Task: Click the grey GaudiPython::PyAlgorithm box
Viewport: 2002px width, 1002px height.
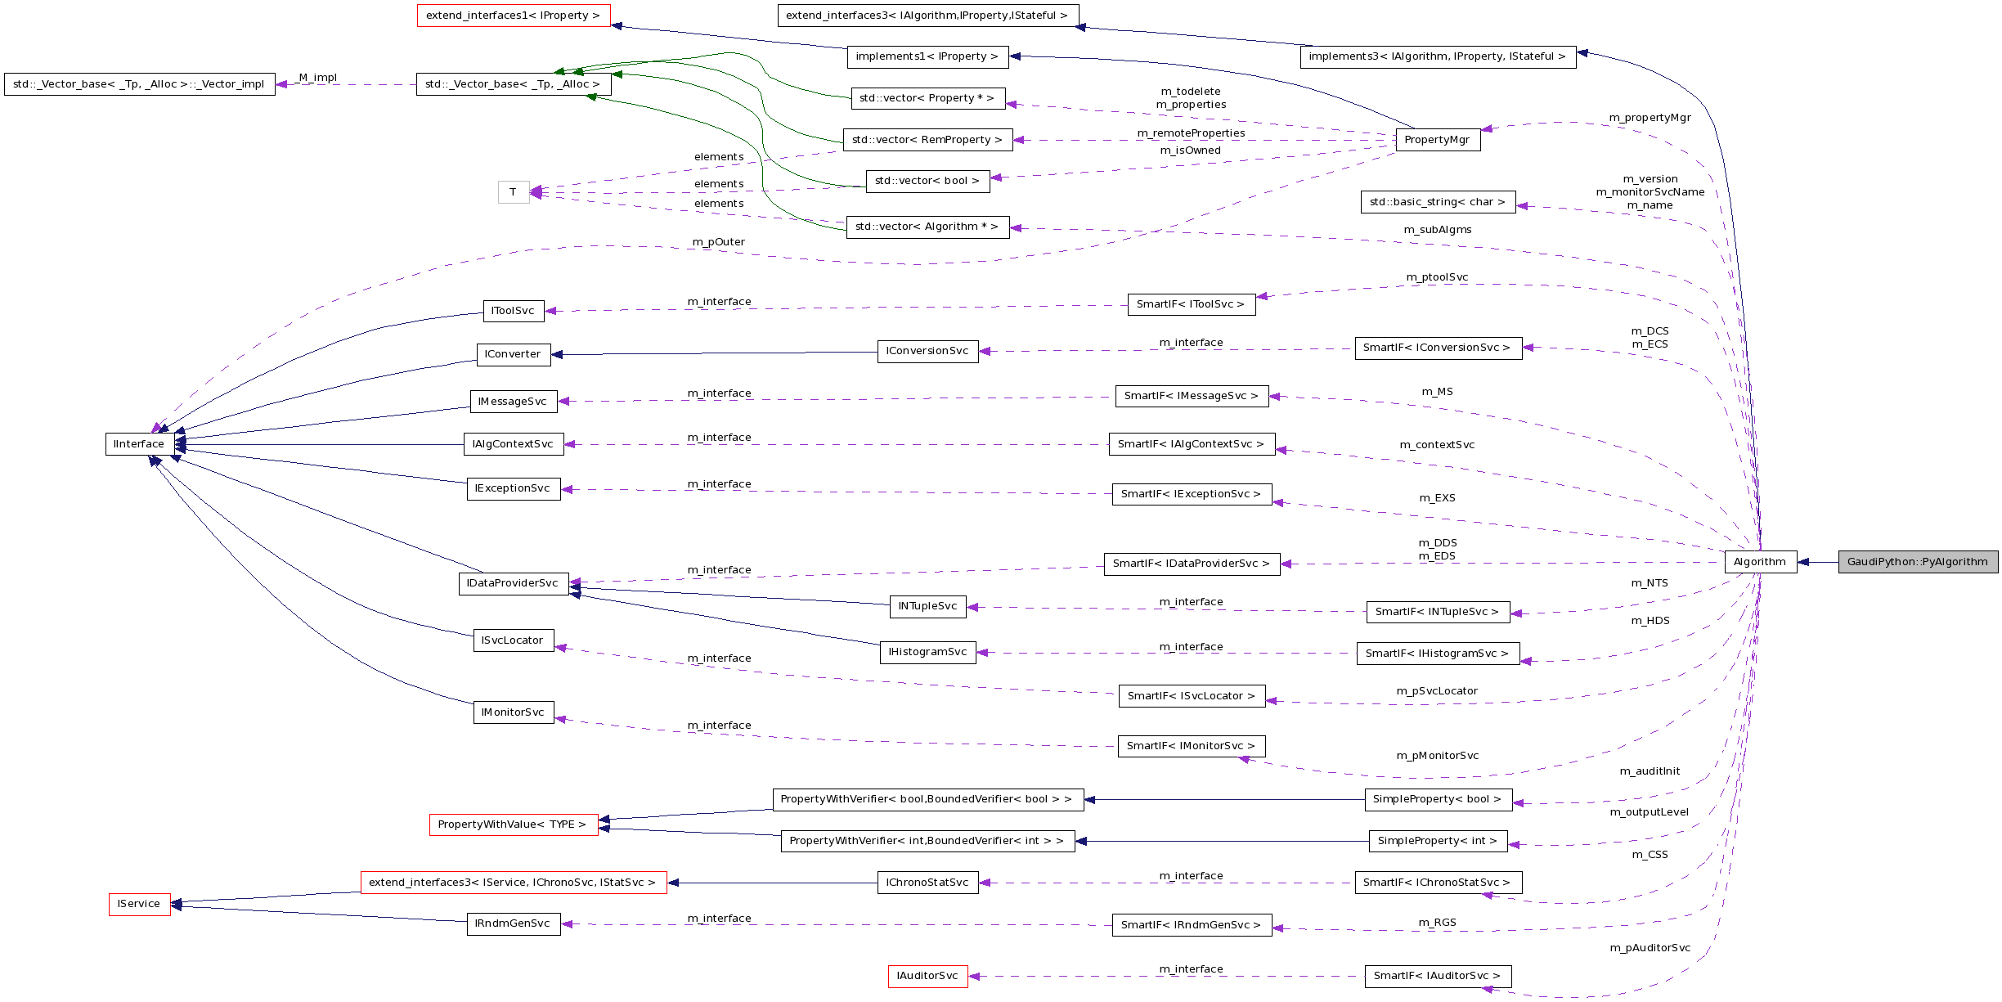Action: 1917,562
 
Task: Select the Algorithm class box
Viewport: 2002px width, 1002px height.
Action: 1760,562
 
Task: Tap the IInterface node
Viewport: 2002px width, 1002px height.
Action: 139,444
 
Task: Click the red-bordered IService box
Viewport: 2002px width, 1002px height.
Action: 139,904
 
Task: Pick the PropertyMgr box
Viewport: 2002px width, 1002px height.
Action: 1437,140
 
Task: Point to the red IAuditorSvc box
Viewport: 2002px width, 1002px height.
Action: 927,976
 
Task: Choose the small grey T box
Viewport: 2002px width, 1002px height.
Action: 514,192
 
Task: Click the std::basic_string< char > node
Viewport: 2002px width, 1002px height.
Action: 1437,202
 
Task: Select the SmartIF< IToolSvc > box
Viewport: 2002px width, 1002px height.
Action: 1191,304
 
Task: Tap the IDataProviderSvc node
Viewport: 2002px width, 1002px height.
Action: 513,583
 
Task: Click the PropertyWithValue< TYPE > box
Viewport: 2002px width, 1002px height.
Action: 512,825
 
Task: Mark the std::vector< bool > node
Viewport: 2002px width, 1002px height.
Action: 927,181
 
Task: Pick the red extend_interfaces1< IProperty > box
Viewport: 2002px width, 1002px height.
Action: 513,16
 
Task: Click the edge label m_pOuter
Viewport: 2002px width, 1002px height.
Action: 718,242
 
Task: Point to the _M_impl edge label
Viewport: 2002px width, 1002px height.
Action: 316,78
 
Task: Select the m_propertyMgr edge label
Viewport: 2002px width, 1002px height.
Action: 1650,118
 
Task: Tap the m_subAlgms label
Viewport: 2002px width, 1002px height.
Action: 1437,230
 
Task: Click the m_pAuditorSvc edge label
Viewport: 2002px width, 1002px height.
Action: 1650,948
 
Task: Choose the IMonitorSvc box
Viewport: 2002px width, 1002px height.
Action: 513,712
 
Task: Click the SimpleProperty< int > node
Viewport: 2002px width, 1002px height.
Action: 1437,841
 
